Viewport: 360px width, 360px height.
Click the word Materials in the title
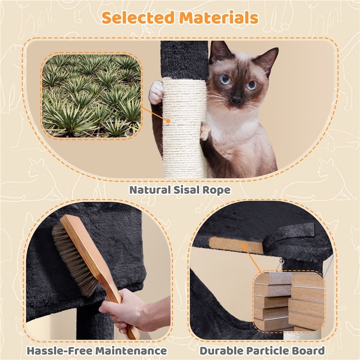point(219,17)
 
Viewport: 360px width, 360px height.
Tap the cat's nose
point(236,99)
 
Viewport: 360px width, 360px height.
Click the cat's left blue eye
point(225,79)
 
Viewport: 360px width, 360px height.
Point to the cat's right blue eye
point(252,85)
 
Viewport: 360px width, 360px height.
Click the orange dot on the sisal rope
point(168,121)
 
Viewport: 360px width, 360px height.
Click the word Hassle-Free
point(59,351)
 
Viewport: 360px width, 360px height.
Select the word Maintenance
point(131,351)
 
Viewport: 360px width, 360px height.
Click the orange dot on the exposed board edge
point(244,246)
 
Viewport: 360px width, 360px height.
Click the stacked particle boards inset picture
point(289,301)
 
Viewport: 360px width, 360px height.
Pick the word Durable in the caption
point(221,351)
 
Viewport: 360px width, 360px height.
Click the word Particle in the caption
point(268,351)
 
